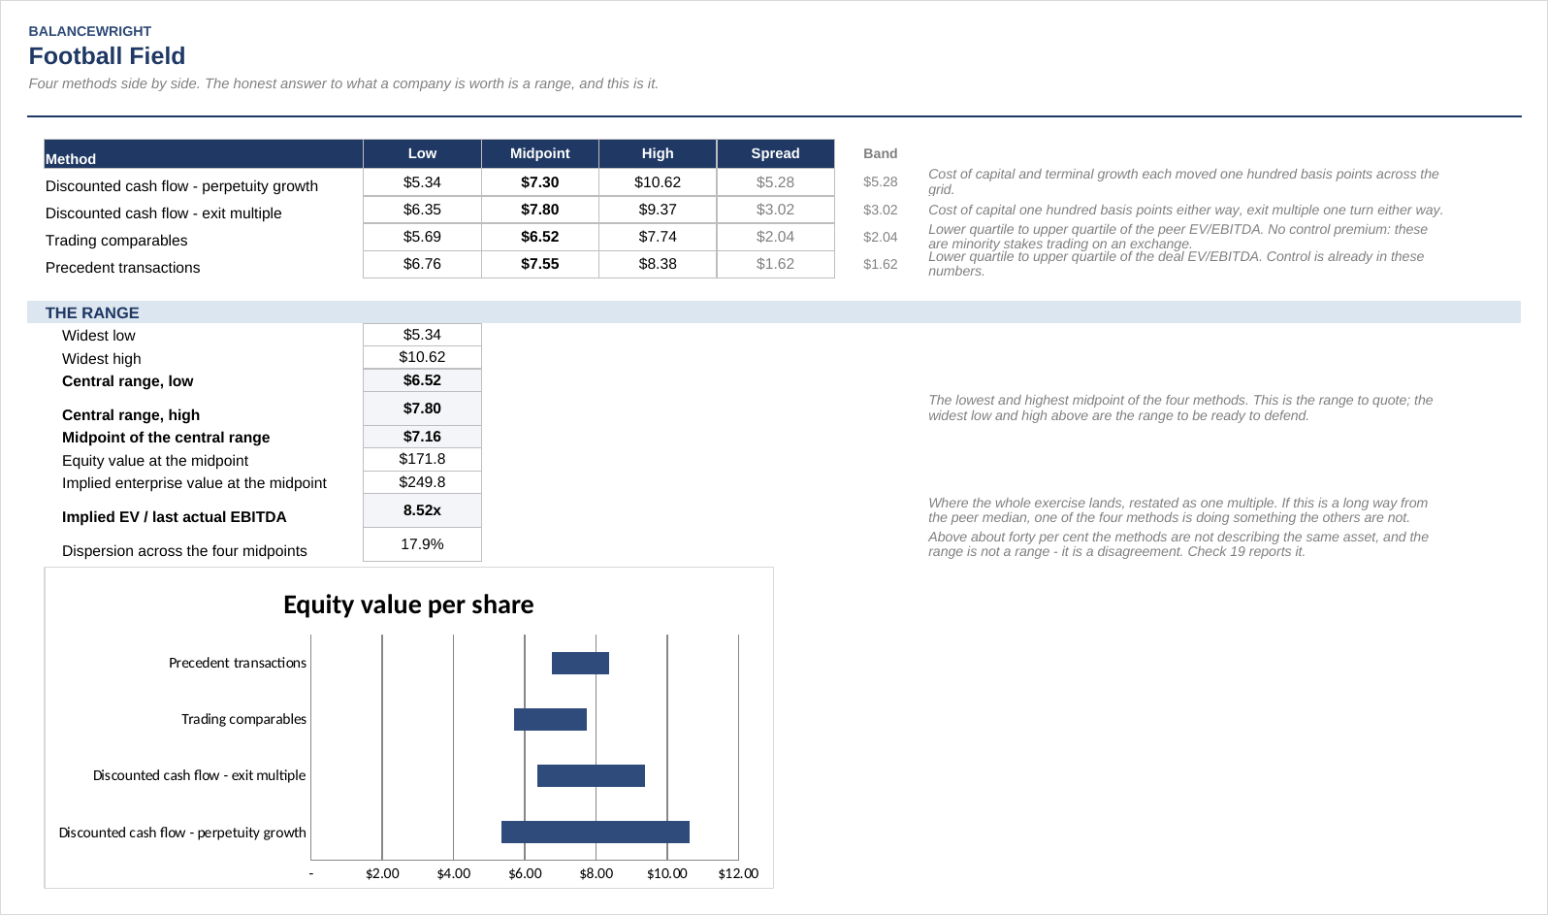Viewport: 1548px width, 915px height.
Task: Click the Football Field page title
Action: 107,56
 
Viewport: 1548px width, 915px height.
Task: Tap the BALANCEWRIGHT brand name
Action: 90,31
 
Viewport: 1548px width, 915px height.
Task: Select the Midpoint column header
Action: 539,153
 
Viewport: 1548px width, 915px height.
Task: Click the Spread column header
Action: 775,153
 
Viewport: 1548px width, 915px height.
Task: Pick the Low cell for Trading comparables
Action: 422,237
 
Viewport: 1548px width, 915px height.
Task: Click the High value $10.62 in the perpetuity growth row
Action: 658,182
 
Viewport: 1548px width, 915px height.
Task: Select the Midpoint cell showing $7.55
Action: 539,264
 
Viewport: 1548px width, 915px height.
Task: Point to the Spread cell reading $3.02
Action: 775,210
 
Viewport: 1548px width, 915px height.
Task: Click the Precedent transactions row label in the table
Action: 122,268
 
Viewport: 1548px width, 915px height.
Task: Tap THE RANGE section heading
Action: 92,312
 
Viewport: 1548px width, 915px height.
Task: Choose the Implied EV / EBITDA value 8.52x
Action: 422,510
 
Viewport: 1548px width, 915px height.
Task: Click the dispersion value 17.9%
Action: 422,544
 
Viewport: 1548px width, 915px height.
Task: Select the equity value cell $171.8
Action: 422,459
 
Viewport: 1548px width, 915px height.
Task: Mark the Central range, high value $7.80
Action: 422,408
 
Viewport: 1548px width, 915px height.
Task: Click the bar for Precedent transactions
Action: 580,663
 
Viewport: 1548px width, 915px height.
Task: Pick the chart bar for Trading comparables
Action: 550,719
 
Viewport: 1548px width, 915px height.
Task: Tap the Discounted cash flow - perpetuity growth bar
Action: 595,833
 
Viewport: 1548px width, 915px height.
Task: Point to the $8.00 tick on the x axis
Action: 597,873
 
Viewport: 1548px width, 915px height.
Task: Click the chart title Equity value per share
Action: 408,605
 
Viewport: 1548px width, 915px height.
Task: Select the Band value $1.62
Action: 881,264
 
